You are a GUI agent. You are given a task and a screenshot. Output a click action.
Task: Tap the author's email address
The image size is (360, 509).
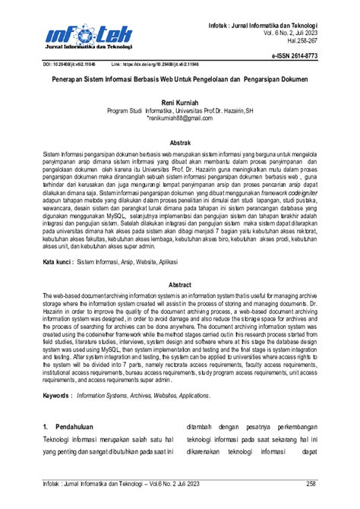tap(180, 119)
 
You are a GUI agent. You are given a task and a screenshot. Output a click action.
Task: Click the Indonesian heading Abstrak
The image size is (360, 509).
tap(180, 143)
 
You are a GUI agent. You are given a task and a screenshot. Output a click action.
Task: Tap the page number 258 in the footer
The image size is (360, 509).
tap(310, 483)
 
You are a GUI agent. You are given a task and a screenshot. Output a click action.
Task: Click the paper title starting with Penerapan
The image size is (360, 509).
tap(180, 78)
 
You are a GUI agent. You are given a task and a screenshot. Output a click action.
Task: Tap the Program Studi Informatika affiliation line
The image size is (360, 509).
tap(180, 110)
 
